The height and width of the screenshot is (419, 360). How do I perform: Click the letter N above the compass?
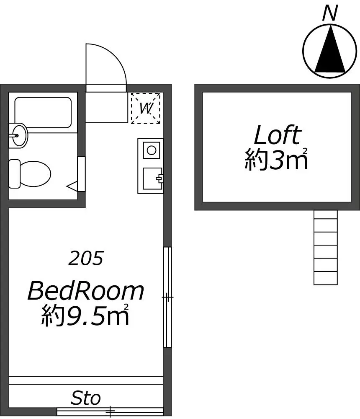[x=330, y=13]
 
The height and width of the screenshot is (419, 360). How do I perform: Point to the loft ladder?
[x=326, y=248]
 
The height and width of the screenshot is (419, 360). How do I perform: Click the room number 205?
[x=86, y=258]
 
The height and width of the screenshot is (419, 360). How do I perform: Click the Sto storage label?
[x=86, y=398]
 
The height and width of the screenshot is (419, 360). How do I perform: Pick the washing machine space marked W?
[x=145, y=108]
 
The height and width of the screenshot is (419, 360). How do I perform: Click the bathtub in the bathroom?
[x=43, y=112]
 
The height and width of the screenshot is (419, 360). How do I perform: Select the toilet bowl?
[x=35, y=174]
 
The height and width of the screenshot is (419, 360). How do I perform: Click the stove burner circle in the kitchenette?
[x=152, y=150]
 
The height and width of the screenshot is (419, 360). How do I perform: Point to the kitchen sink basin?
[x=152, y=178]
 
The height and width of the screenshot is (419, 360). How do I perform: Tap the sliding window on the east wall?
[x=167, y=297]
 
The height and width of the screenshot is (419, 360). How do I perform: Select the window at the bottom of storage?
[x=110, y=412]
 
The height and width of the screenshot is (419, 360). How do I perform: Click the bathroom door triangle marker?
[x=72, y=186]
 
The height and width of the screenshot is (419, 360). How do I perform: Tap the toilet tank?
[x=14, y=174]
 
